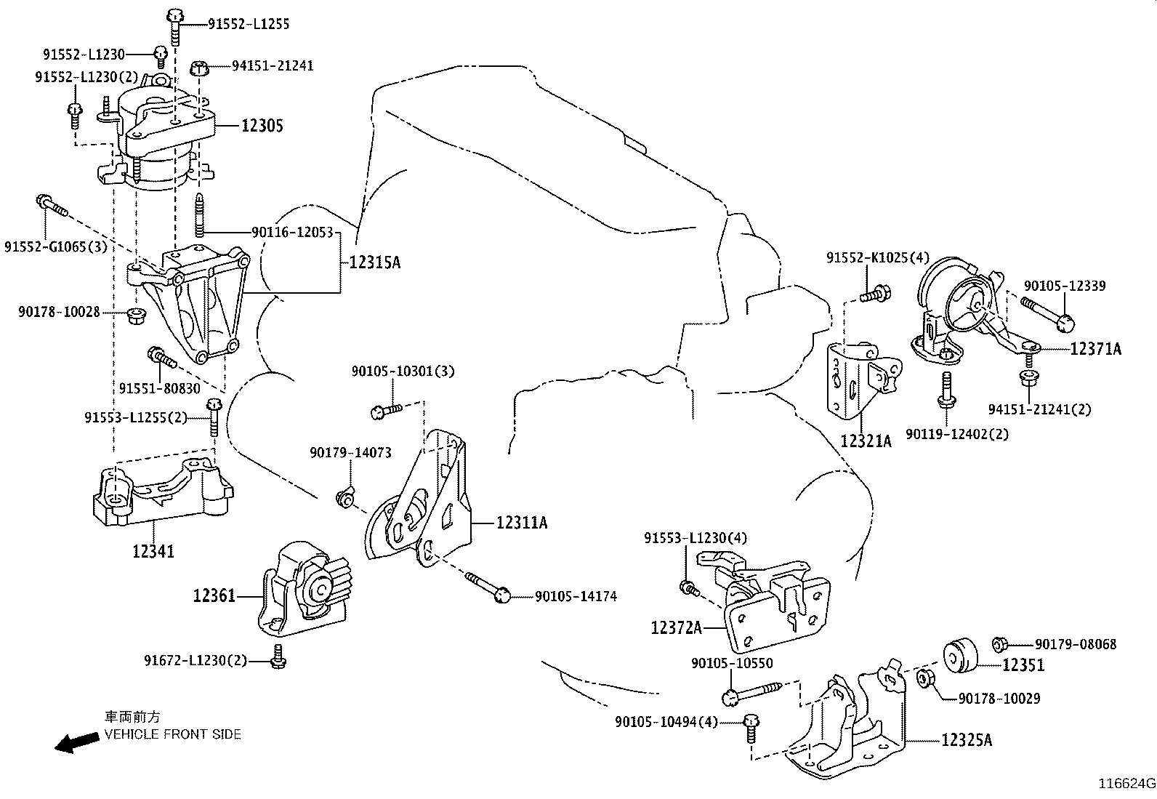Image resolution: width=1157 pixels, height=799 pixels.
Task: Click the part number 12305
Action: coord(262,126)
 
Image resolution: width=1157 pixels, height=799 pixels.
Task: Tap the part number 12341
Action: coord(153,551)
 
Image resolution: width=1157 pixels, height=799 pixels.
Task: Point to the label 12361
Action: coord(214,596)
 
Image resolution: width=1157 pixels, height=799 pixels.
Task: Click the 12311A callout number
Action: coord(522,523)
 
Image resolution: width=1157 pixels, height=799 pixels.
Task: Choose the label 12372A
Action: coord(676,627)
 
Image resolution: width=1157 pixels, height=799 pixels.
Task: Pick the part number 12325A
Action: coord(967,740)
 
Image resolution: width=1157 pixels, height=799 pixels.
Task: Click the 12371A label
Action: coord(1095,349)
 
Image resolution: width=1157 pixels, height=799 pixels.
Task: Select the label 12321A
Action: coord(866,441)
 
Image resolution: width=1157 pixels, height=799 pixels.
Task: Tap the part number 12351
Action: coord(1023,665)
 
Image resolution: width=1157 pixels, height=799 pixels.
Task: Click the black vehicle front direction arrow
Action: coord(77,742)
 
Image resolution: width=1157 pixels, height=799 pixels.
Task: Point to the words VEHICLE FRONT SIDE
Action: coord(172,734)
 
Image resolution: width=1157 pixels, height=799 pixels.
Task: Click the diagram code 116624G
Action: coord(1126,784)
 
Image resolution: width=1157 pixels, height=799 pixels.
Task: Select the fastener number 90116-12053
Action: coord(292,233)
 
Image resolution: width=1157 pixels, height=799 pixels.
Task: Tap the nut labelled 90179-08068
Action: coord(999,644)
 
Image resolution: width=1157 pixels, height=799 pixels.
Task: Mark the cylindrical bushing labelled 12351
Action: coord(961,656)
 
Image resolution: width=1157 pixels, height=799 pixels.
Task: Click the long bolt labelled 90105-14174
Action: coord(487,587)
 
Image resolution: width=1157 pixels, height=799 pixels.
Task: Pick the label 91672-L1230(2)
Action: coord(195,660)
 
